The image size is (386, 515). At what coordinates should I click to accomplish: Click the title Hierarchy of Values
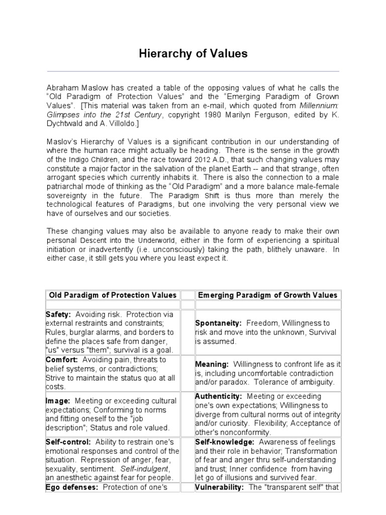193,54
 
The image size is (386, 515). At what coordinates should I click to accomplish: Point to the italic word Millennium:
319,106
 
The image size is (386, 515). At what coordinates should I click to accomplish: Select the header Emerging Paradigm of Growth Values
267,295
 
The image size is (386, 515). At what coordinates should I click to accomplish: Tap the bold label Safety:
58,314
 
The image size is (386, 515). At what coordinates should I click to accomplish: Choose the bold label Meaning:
212,364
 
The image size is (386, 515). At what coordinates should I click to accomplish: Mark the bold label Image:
58,401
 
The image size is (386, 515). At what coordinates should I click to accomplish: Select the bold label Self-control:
68,442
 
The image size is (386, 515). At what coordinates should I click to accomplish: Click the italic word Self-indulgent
135,469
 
